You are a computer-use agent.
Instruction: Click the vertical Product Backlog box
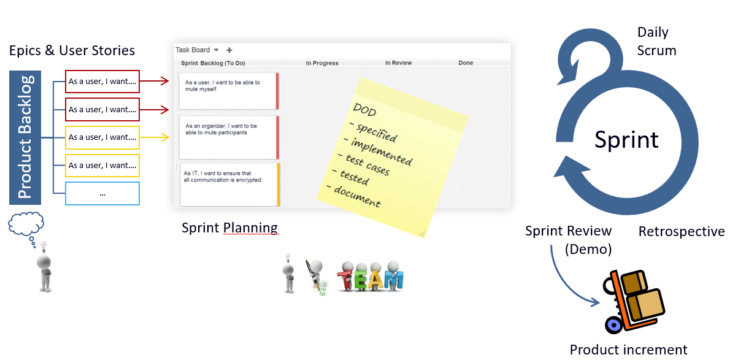click(25, 137)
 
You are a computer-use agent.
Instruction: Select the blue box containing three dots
click(102, 193)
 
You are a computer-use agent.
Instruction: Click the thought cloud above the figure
click(26, 224)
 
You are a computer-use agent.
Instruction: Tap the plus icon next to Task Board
click(229, 50)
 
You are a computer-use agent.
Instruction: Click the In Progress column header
click(322, 63)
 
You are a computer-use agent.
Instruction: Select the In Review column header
click(398, 63)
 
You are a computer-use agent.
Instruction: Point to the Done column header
click(466, 63)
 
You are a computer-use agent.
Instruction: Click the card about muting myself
click(229, 91)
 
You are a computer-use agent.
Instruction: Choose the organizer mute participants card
click(229, 137)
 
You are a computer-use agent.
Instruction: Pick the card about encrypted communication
click(230, 185)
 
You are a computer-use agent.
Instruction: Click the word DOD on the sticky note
click(364, 110)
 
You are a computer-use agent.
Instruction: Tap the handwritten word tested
click(355, 177)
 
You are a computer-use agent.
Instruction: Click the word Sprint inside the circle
click(626, 140)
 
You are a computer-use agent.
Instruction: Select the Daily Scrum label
click(656, 41)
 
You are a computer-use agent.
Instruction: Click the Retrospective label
click(682, 231)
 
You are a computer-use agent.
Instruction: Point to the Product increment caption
click(628, 350)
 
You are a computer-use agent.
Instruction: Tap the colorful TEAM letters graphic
click(371, 277)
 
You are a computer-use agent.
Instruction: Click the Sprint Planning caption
click(229, 228)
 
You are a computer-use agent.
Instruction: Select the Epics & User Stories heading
click(72, 51)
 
